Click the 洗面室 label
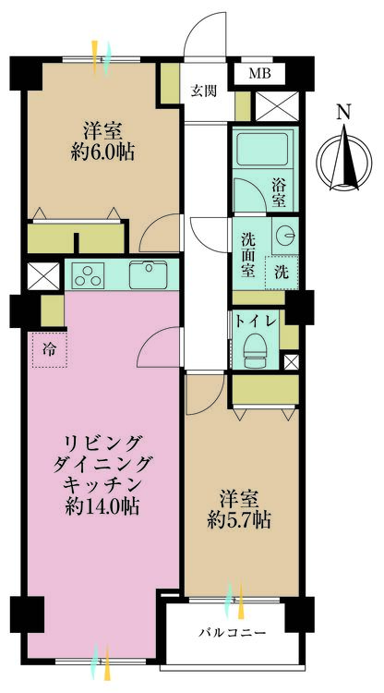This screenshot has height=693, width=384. (x=247, y=252)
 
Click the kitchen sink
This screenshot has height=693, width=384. (x=149, y=274)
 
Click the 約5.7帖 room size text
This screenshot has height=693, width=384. (x=239, y=518)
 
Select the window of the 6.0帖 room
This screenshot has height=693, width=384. (x=102, y=57)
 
